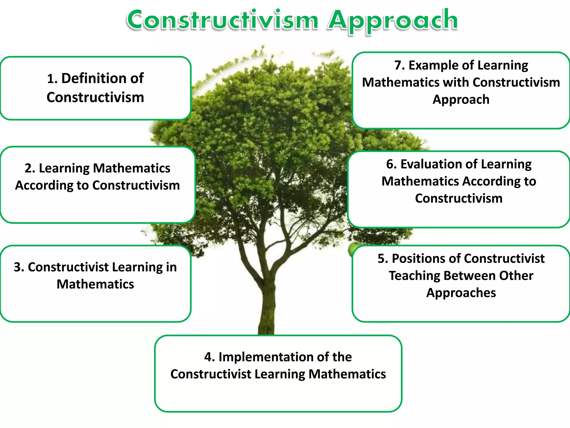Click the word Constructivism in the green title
(222, 20)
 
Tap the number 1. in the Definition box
(52, 79)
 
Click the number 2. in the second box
(30, 168)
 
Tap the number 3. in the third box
(19, 267)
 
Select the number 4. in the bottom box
(209, 357)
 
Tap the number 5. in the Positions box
(383, 259)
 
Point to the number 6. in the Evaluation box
(391, 164)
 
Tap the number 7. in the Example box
(399, 65)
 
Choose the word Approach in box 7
(461, 100)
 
